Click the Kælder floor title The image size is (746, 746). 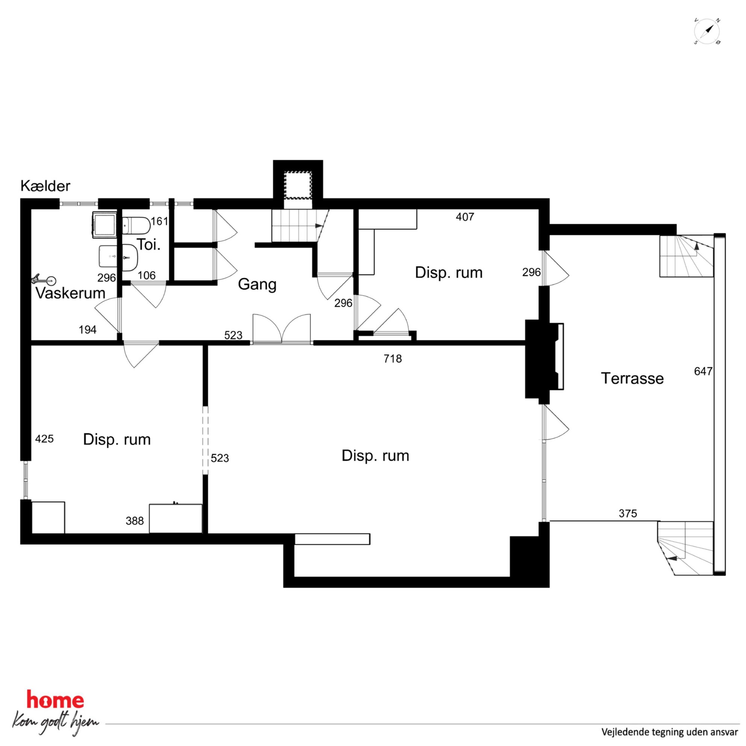45,186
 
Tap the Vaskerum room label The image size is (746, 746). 70,293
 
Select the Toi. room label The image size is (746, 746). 149,245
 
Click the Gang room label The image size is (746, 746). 257,285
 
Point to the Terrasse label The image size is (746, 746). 632,378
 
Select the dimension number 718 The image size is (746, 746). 392,359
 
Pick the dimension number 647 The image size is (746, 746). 703,371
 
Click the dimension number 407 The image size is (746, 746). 464,217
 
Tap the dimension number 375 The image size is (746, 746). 628,514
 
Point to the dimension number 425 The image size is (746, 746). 44,439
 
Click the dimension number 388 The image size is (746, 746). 134,521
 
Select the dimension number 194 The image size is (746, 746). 88,330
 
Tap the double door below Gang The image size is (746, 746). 282,329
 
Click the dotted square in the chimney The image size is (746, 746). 298,185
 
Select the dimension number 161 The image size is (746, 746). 159,221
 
